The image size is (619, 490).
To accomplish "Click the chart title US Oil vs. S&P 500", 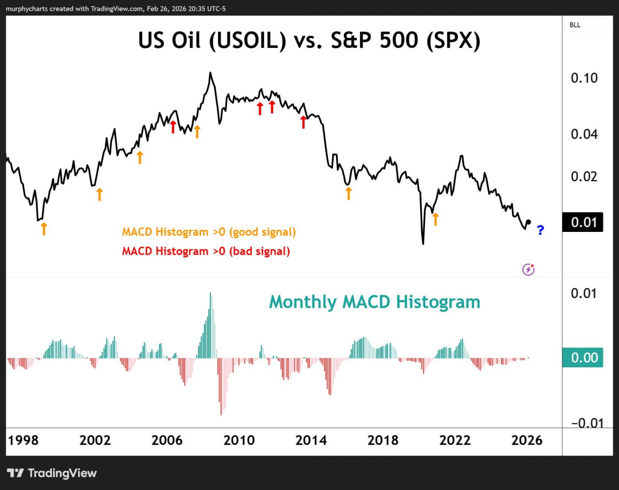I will click(309, 41).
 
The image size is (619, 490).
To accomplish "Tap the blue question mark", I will click(540, 231).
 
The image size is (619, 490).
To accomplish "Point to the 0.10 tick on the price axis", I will click(584, 78).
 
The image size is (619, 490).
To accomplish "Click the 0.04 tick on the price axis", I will click(584, 134).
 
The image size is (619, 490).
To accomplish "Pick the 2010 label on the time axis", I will click(239, 440).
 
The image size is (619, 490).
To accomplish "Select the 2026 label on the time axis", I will click(527, 440).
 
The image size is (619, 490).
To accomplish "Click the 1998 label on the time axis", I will click(23, 440).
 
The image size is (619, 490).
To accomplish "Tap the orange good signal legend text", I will click(208, 232).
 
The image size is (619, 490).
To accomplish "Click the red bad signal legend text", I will click(206, 251).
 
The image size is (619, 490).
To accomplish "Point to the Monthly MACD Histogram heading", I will click(374, 302).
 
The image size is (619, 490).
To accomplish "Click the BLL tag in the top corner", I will click(575, 25).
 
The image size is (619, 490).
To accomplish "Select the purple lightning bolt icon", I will click(529, 270).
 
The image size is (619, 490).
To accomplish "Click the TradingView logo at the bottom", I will click(52, 473).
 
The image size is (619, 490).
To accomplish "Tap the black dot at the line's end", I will click(528, 222).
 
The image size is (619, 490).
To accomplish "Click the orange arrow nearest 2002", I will click(100, 194).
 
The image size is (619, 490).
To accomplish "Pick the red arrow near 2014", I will click(303, 122).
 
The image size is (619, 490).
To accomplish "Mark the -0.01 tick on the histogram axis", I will click(587, 423).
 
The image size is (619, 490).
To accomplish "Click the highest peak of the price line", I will click(210, 73).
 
